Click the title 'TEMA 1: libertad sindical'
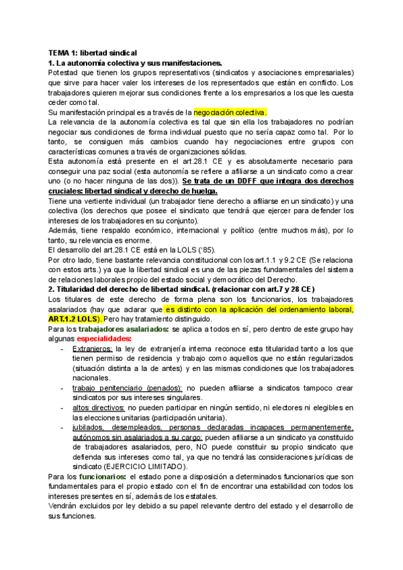click(93, 52)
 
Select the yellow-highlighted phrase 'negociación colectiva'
click(230, 112)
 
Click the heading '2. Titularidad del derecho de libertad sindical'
click(142, 288)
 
